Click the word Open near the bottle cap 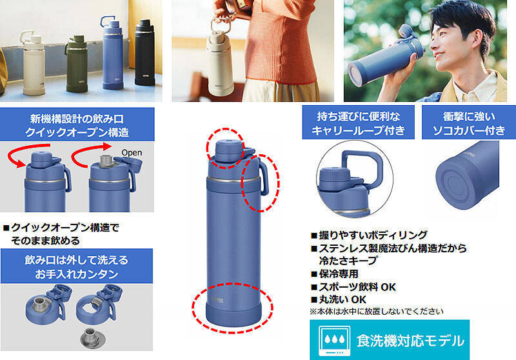coord(132,153)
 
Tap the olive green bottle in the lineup coord(77,64)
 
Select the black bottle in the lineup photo coord(144,52)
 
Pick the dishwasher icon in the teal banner coord(334,341)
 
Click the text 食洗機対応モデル coord(410,341)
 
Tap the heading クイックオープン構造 coord(77,132)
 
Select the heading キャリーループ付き coord(358,130)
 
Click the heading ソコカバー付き coord(469,130)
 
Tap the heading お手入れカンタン coord(77,274)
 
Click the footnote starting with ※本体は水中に coord(377,312)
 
